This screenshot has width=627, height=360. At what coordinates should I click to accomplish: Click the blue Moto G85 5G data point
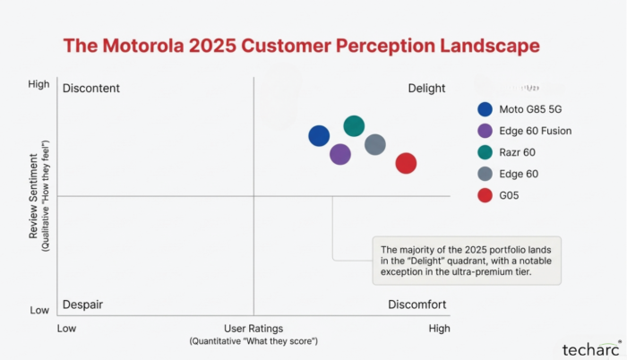click(x=319, y=135)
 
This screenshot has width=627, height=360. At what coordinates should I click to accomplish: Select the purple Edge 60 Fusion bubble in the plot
click(x=339, y=154)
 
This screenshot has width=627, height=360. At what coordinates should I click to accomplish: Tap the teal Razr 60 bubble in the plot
click(x=354, y=126)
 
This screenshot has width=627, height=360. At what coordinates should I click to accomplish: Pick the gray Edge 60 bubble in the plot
click(x=375, y=144)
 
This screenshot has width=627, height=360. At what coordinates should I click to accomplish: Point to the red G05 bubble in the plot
click(x=406, y=163)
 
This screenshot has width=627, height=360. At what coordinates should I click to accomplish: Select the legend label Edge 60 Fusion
click(x=536, y=131)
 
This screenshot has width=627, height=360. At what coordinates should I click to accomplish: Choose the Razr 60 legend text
click(x=519, y=152)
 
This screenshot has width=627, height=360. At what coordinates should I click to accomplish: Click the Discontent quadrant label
click(x=90, y=88)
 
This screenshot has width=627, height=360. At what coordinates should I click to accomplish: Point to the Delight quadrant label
click(x=426, y=88)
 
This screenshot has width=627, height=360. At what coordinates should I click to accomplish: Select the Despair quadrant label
click(x=82, y=304)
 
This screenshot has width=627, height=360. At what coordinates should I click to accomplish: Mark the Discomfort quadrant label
click(x=417, y=304)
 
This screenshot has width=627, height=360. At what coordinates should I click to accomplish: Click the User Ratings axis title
click(x=253, y=329)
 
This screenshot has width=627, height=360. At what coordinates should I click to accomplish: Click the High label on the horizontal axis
click(x=439, y=329)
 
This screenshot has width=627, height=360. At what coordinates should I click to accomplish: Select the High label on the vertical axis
click(x=39, y=84)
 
